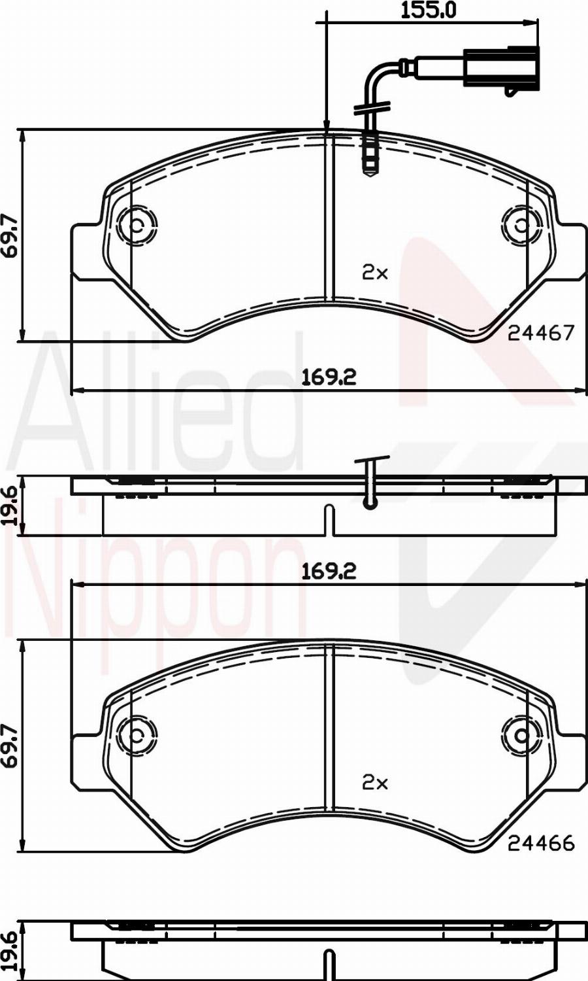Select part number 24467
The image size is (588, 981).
(540, 333)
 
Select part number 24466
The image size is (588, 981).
(540, 844)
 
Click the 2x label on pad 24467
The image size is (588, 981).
(375, 273)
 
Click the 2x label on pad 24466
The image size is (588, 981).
(375, 782)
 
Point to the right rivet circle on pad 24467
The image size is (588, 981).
(522, 226)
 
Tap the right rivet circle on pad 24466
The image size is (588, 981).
(522, 735)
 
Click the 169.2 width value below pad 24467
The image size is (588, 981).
(329, 377)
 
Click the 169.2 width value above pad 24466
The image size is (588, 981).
(329, 571)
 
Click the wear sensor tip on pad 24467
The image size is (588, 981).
(369, 157)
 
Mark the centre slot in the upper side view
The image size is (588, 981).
(329, 520)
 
